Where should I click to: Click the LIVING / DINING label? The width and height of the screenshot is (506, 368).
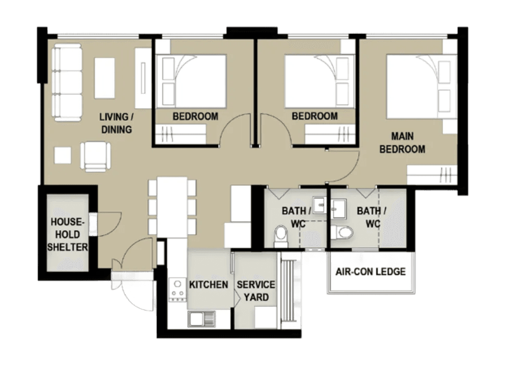click(116, 123)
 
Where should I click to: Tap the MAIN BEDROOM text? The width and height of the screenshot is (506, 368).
click(402, 143)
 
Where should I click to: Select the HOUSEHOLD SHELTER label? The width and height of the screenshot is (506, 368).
click(67, 234)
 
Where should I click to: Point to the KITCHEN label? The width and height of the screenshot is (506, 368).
click(208, 285)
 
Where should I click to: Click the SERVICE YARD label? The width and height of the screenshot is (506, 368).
click(256, 291)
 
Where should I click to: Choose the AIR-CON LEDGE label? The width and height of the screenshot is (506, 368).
click(370, 272)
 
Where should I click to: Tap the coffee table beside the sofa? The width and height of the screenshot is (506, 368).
click(105, 78)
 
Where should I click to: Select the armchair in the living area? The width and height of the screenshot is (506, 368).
click(96, 155)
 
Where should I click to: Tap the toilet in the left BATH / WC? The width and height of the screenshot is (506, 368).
click(281, 236)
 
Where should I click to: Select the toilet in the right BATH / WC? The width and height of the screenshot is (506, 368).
click(344, 232)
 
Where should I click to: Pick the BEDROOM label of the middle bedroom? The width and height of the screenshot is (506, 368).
click(314, 116)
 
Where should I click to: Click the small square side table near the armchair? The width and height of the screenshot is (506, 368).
click(62, 156)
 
